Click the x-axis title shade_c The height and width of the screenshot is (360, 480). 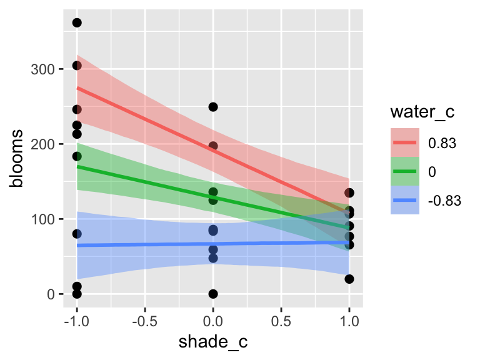point(213,343)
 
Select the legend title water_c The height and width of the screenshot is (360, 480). point(421,113)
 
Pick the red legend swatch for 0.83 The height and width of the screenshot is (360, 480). point(404,142)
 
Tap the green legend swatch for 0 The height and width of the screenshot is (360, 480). point(404,171)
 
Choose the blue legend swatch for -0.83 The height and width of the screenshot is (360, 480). point(404,200)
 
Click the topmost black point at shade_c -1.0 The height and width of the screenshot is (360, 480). point(77,22)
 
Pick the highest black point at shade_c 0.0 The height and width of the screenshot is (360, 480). point(213,107)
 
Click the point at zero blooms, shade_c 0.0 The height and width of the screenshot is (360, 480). point(213,294)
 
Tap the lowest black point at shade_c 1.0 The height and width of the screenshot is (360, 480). point(349,279)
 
